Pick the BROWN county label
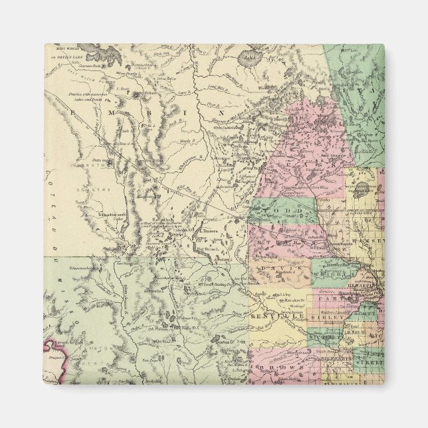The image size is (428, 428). pos(279,366)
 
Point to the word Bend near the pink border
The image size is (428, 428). pos(60,346)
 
